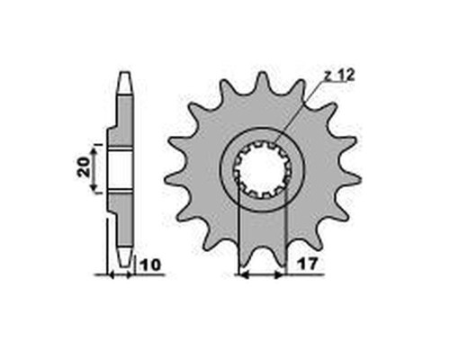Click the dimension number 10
click(150, 265)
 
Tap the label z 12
click(339, 76)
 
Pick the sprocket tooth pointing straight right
click(351, 179)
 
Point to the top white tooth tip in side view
click(125, 83)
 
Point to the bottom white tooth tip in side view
click(124, 257)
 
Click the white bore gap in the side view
click(120, 170)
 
